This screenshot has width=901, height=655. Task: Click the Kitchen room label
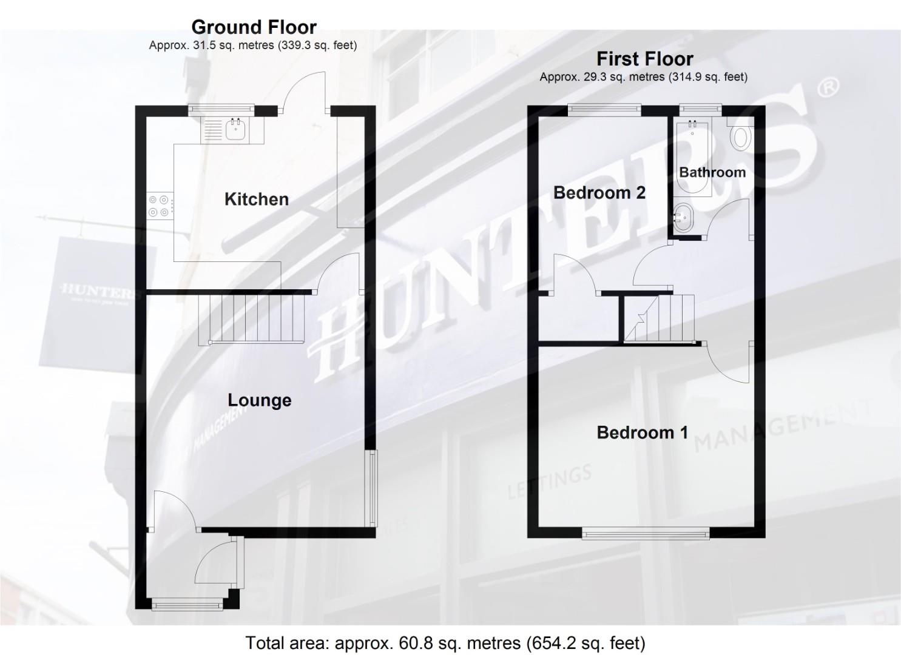point(256,199)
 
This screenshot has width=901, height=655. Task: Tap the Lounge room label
point(259,400)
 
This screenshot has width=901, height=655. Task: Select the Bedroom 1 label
point(642,432)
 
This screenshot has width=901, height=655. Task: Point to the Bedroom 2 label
point(599,193)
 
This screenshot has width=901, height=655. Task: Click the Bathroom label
point(712,172)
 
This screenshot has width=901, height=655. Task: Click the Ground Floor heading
point(254,27)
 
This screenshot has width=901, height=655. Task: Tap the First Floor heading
point(644,59)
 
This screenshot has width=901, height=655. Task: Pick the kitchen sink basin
point(234,129)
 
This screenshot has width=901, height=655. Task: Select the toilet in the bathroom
point(741,138)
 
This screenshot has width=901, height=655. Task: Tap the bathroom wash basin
point(683,217)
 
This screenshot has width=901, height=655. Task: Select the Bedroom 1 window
point(646,533)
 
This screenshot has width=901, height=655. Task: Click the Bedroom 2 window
point(604,109)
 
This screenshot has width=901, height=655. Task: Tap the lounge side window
point(371,488)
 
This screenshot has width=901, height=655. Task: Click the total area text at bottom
point(445,643)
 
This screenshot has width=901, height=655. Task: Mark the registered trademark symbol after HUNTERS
point(829,87)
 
